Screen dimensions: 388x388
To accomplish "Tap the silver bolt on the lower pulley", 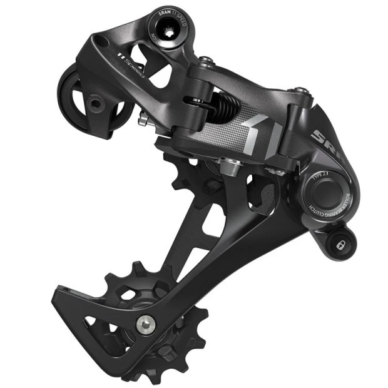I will tap(145, 322).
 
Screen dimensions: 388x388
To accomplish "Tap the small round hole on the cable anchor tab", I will tap(93, 101).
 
